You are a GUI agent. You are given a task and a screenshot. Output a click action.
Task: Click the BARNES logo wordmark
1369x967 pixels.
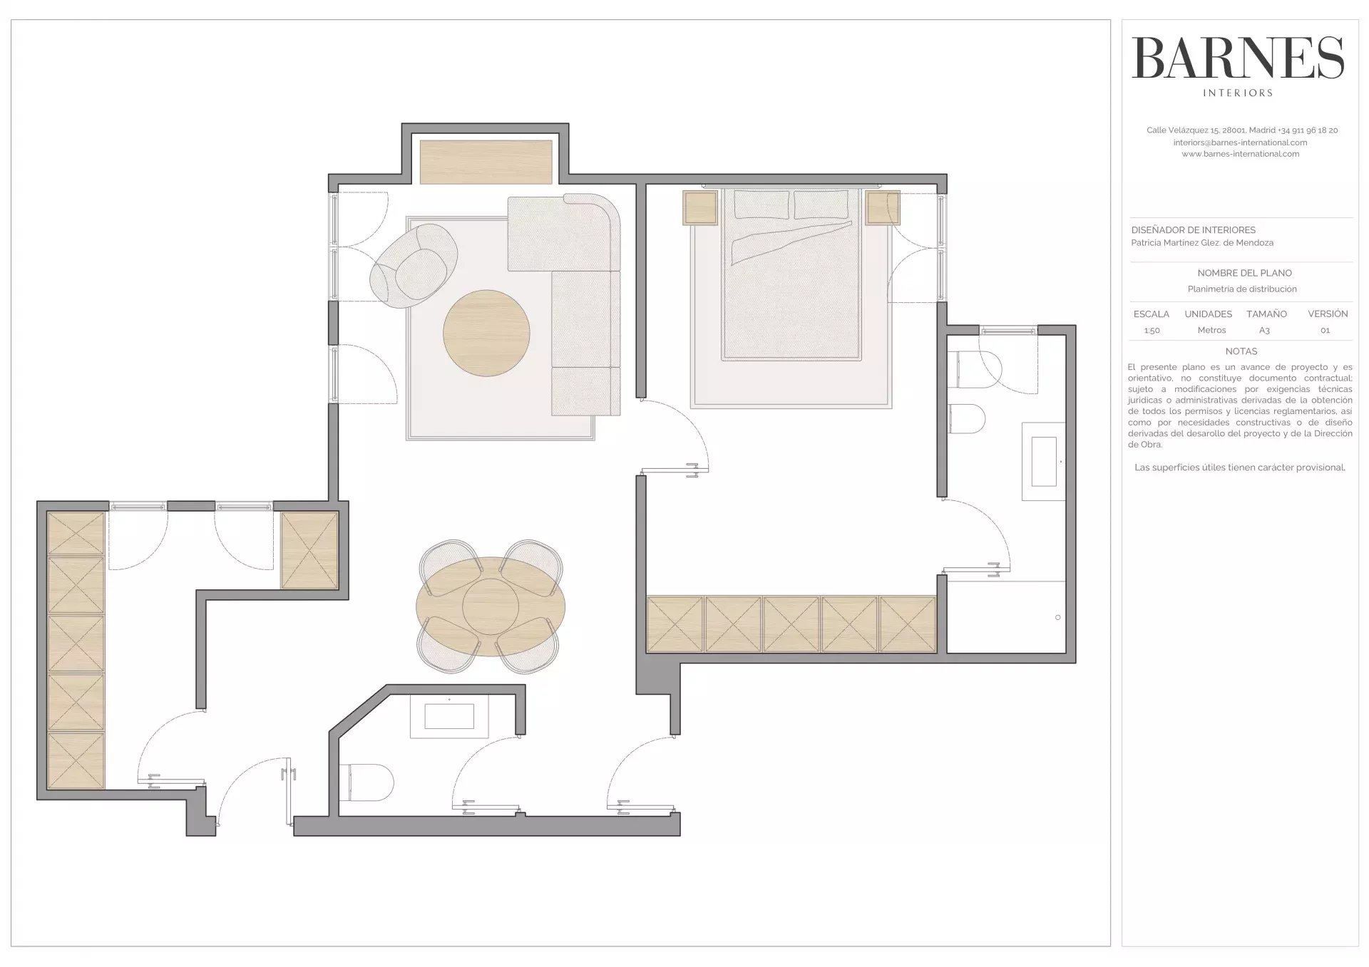click(x=1238, y=58)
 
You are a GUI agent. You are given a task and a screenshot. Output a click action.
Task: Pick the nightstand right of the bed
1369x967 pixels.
click(x=883, y=207)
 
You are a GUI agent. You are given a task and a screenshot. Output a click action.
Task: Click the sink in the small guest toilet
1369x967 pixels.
click(x=449, y=716)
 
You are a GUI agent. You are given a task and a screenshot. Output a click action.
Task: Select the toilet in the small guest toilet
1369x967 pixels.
click(x=366, y=782)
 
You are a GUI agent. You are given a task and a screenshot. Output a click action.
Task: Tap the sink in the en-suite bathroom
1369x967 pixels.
click(x=1044, y=462)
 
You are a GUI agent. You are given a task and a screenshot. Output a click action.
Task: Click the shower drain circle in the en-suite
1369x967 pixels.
click(x=1057, y=617)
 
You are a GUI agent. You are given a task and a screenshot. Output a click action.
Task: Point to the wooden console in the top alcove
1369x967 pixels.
click(x=486, y=162)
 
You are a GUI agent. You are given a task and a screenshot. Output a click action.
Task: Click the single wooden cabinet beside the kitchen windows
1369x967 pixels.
click(x=309, y=551)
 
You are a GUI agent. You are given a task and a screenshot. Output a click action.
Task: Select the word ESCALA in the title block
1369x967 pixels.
click(x=1152, y=314)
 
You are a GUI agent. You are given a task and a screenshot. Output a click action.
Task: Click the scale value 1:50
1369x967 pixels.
click(x=1152, y=331)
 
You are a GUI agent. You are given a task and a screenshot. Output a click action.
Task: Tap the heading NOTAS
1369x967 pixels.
click(x=1241, y=351)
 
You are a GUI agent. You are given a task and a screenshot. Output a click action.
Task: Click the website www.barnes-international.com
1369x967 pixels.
click(x=1241, y=154)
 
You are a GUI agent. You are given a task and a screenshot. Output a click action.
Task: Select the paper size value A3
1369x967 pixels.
click(x=1264, y=331)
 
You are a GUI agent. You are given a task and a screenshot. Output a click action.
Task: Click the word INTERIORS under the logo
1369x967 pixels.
click(x=1238, y=93)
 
